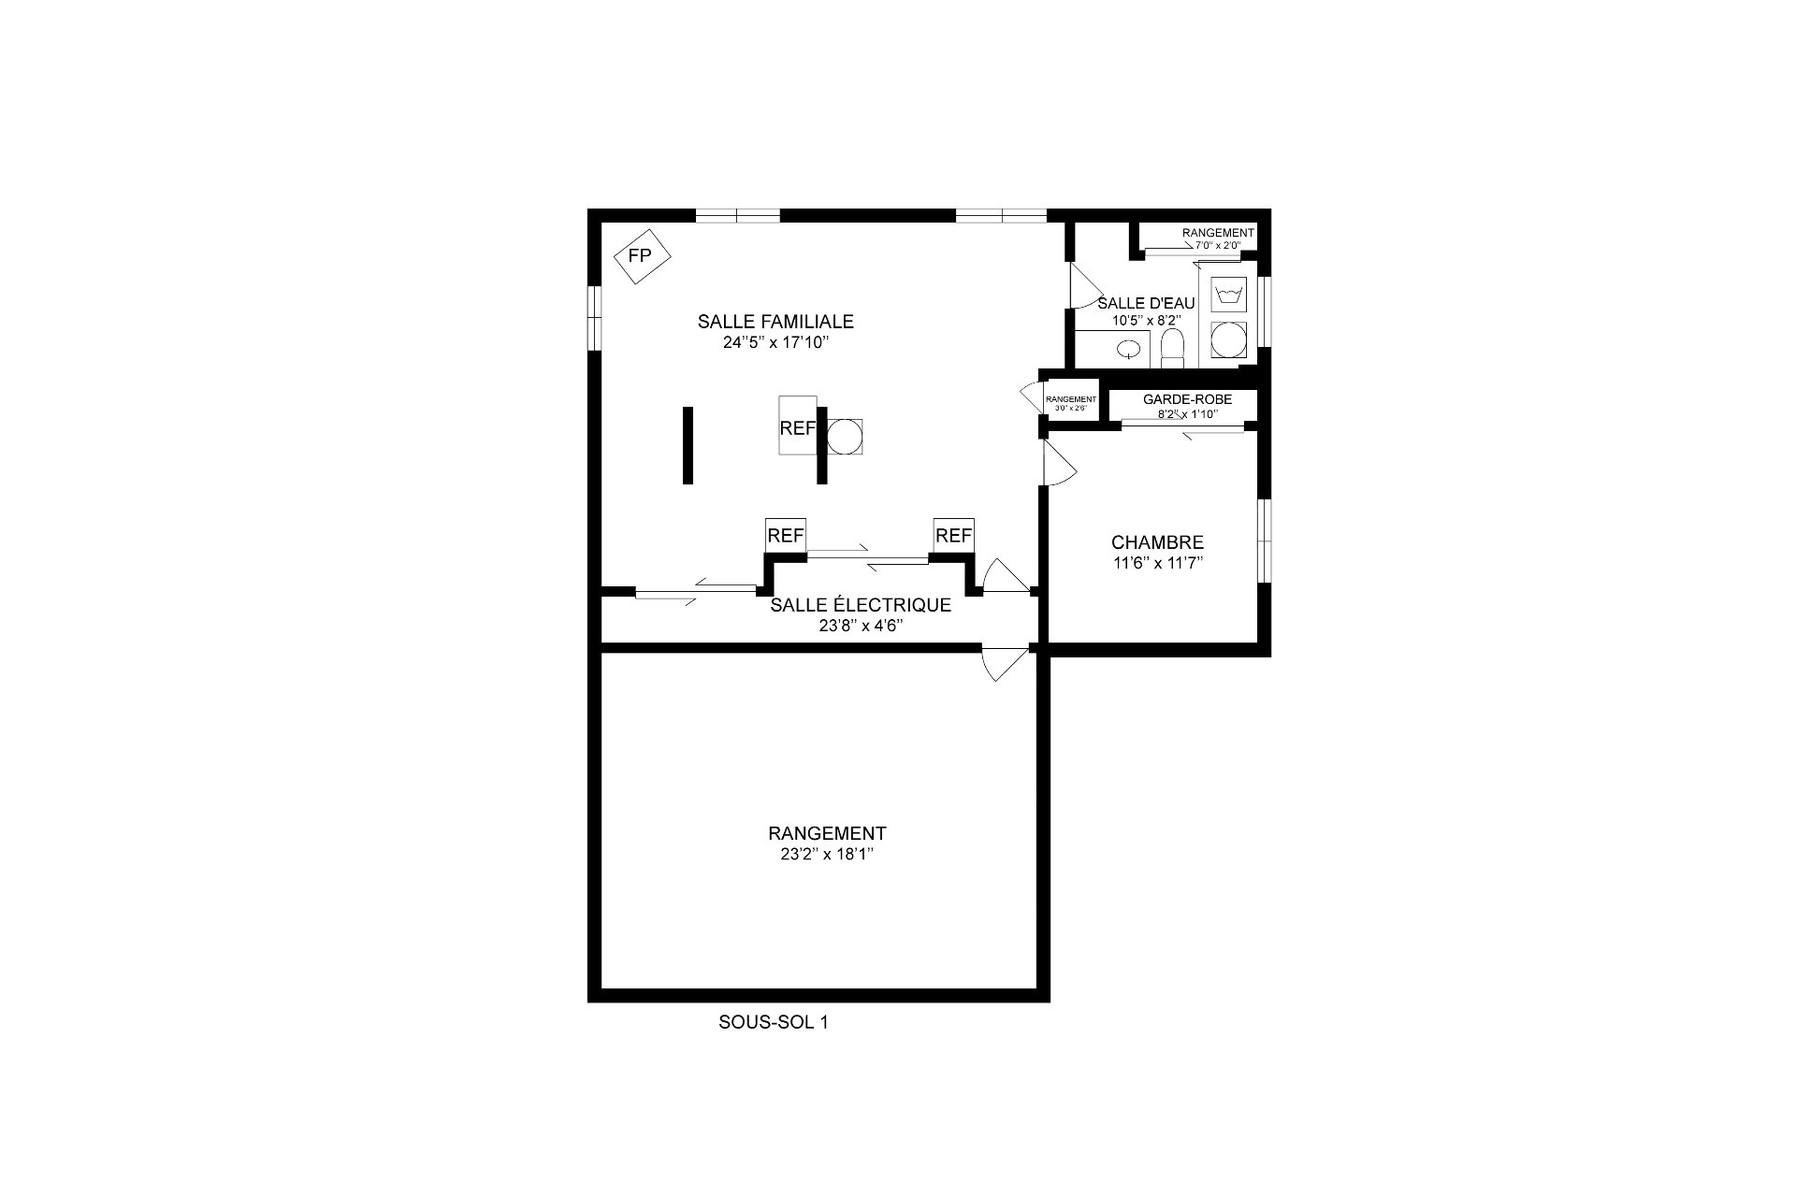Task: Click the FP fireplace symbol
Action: (x=640, y=254)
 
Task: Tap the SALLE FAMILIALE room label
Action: (x=775, y=322)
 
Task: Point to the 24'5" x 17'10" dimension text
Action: (x=775, y=343)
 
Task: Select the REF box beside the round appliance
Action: (x=798, y=426)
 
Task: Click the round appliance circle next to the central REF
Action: (x=844, y=437)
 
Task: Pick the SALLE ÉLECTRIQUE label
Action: (x=861, y=605)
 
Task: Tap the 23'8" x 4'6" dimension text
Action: (x=861, y=626)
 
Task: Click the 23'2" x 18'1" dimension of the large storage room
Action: (x=827, y=854)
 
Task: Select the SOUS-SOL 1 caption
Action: (x=774, y=1022)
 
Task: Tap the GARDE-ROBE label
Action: (x=1187, y=399)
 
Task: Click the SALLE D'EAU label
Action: (x=1146, y=303)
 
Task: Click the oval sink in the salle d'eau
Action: (x=1130, y=350)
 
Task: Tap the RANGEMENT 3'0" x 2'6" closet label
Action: (x=1071, y=399)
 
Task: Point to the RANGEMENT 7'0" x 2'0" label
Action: (x=1217, y=233)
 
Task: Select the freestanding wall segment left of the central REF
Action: (x=688, y=445)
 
